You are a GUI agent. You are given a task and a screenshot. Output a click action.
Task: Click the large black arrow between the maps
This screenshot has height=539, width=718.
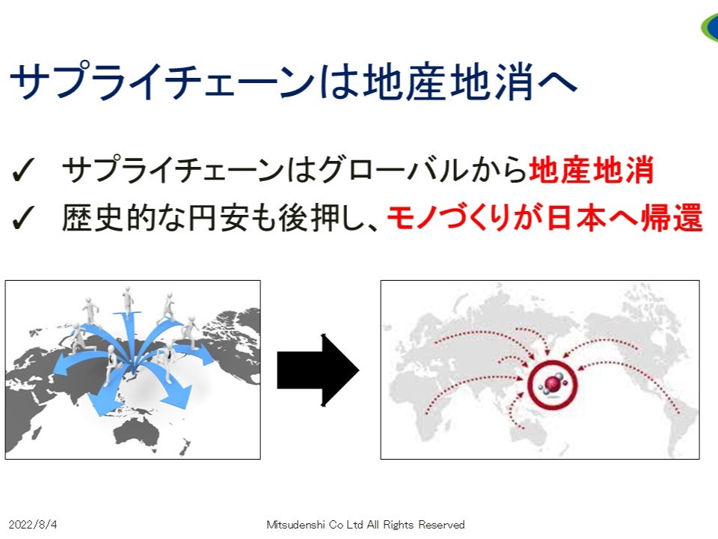(319, 370)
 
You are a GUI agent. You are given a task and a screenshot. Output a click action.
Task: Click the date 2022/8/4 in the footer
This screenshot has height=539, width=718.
(33, 524)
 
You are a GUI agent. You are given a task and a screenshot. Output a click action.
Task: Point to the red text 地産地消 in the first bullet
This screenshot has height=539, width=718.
(591, 170)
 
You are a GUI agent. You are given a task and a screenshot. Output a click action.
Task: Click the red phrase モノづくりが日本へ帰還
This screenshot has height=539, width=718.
(545, 217)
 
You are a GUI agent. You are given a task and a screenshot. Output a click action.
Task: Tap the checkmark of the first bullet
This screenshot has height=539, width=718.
(23, 170)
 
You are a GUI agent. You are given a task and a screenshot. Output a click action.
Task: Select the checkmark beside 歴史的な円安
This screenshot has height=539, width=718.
(23, 217)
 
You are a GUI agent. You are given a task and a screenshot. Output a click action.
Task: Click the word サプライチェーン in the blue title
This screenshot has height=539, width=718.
(162, 82)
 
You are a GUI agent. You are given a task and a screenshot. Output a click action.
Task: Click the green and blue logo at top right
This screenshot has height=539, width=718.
(710, 28)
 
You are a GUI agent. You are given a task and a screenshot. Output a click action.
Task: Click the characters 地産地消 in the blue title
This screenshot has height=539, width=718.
(448, 82)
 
